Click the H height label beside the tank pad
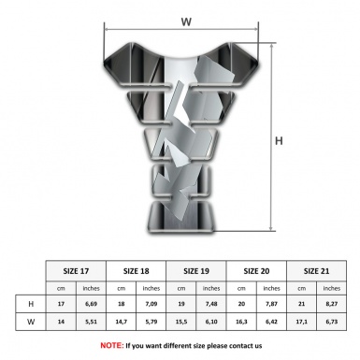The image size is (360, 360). [x=279, y=142]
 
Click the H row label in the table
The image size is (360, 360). [x=32, y=304]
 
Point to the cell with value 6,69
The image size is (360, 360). [x=92, y=304]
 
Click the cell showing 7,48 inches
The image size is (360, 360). [x=211, y=304]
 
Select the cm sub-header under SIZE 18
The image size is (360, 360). [x=122, y=287]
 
